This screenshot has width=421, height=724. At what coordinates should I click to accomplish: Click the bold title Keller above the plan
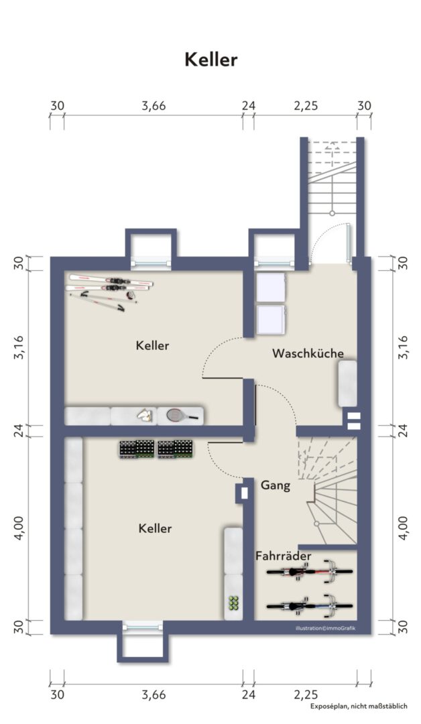point(210,60)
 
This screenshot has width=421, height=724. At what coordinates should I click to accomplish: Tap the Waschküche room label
point(308,353)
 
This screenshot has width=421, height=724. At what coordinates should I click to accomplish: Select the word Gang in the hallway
point(275,485)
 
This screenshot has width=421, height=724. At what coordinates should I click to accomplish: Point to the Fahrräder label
point(283,556)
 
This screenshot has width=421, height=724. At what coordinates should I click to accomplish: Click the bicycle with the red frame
point(309,572)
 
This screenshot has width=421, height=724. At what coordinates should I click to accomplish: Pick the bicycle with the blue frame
point(309,605)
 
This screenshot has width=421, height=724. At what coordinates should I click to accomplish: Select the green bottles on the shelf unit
point(233,602)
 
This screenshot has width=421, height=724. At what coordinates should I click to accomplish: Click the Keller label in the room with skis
point(152,346)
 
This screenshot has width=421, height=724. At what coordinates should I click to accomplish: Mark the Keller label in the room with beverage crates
point(155,528)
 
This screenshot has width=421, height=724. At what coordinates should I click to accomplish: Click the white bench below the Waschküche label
point(348,383)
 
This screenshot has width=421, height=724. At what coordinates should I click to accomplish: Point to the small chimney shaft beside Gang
point(242,492)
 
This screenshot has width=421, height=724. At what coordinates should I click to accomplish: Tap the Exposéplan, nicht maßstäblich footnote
point(358,707)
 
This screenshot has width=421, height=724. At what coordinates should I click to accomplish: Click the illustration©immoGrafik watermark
point(325,628)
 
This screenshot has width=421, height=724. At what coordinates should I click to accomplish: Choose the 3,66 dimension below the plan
point(154,695)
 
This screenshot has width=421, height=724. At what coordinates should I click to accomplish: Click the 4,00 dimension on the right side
point(403,528)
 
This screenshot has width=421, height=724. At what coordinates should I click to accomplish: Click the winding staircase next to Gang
point(331,489)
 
